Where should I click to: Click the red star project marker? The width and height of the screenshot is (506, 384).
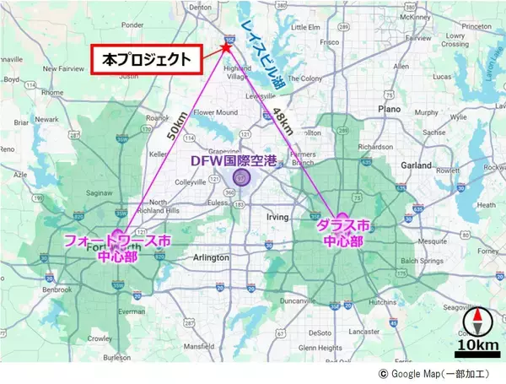tap(227, 47)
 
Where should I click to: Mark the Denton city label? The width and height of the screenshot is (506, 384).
tap(201, 6)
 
